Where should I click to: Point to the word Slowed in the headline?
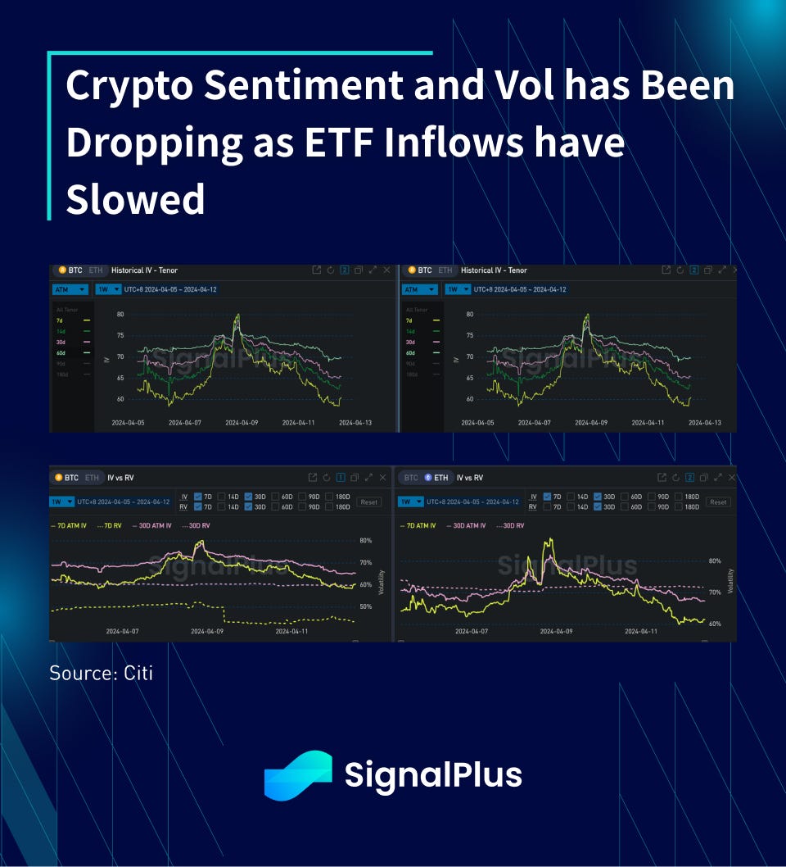(135, 199)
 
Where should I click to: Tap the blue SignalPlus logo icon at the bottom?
(298, 775)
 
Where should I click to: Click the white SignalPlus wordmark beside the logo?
(433, 775)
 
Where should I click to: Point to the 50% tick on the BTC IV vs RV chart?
(365, 607)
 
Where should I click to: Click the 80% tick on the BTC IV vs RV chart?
(365, 541)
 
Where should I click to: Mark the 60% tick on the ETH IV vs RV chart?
(714, 624)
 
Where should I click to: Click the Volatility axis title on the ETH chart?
(730, 580)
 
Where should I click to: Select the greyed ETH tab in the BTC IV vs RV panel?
(92, 478)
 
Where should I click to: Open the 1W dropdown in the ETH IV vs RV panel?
(410, 502)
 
